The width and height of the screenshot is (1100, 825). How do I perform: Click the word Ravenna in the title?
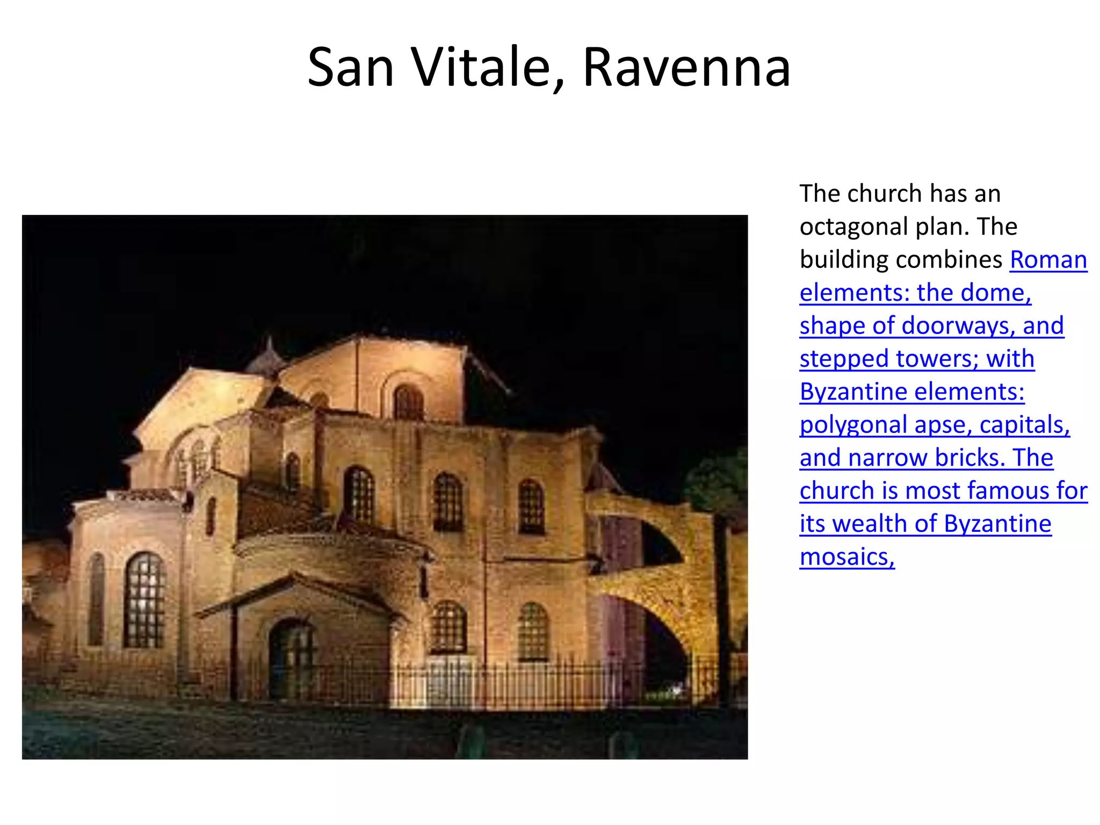click(x=686, y=68)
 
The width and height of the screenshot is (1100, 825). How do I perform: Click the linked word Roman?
click(x=1048, y=260)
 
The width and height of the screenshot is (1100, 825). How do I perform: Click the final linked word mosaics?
click(x=847, y=558)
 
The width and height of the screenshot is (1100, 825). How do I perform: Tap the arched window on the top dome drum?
click(x=408, y=402)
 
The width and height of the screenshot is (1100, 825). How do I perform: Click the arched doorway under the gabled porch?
click(x=290, y=658)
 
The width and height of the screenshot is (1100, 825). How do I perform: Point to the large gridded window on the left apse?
click(x=144, y=600)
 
